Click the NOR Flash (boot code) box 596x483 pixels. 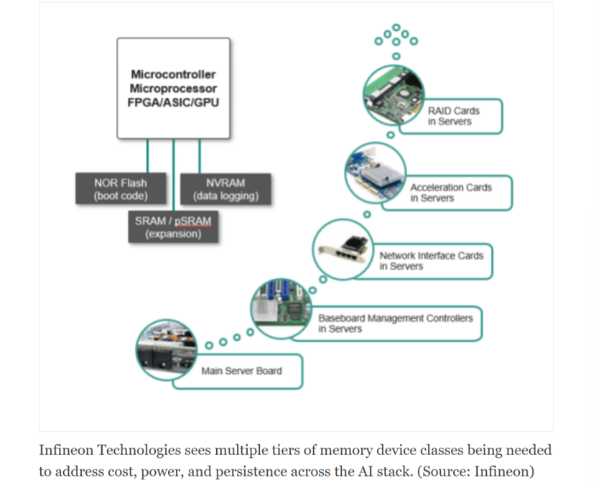pyautogui.click(x=121, y=188)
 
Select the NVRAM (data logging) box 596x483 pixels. pyautogui.click(x=225, y=189)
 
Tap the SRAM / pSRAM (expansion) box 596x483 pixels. pyautogui.click(x=173, y=227)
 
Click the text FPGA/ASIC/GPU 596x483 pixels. pyautogui.click(x=173, y=102)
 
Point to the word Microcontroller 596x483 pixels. pyautogui.click(x=173, y=74)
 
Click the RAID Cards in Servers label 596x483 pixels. pyautogui.click(x=453, y=116)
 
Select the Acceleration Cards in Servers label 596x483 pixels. pyautogui.click(x=451, y=193)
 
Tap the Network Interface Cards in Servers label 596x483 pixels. pyautogui.click(x=432, y=261)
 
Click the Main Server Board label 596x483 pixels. pyautogui.click(x=242, y=371)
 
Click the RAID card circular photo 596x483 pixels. pyautogui.click(x=394, y=95)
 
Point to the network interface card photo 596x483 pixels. pyautogui.click(x=343, y=249)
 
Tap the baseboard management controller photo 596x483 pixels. pyautogui.click(x=281, y=308)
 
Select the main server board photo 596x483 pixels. pyautogui.click(x=167, y=350)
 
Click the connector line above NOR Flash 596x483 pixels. pyautogui.click(x=147, y=156)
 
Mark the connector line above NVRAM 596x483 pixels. pyautogui.click(x=200, y=156)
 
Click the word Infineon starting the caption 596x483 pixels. pyautogui.click(x=66, y=450)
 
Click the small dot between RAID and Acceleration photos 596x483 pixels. pyautogui.click(x=391, y=134)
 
